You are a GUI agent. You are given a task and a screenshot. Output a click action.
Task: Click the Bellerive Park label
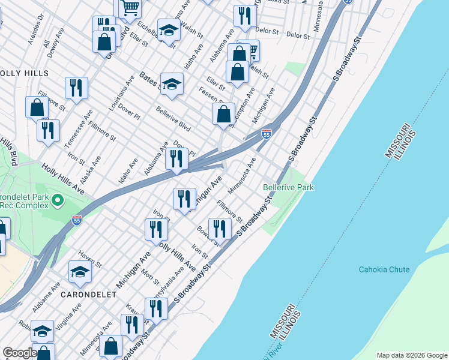(288, 188)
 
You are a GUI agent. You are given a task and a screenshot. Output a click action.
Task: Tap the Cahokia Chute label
(384, 269)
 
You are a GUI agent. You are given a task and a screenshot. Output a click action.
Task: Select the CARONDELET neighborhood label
(85, 295)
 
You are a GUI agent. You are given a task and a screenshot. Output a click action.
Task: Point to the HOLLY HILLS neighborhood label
(24, 73)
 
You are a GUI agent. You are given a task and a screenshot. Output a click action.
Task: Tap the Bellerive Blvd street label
(173, 119)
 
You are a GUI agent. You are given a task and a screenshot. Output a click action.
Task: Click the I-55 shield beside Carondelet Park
(76, 220)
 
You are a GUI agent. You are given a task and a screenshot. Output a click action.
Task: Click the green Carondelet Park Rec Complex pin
(58, 199)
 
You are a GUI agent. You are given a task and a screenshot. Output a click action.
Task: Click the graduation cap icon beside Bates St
(172, 85)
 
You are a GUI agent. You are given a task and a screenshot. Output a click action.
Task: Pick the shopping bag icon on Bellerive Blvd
(223, 114)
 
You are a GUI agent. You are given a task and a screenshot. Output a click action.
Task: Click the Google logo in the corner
(20, 353)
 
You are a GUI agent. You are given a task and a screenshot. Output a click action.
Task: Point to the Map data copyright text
(411, 355)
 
